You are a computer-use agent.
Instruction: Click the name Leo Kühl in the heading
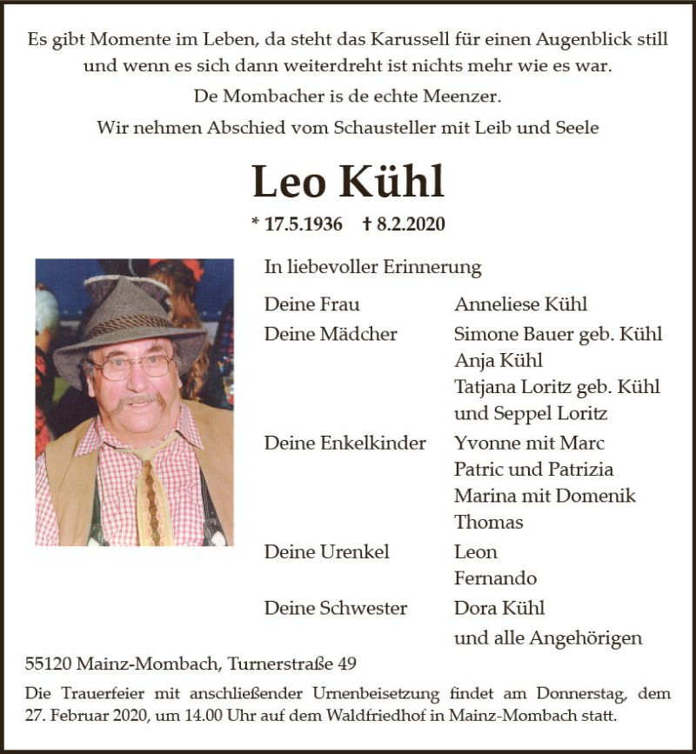(x=348, y=182)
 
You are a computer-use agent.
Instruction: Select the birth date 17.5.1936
(x=298, y=224)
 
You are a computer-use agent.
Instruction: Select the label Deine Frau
(x=311, y=304)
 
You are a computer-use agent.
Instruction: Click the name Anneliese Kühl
(x=520, y=304)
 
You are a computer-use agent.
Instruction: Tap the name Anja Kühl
(x=498, y=360)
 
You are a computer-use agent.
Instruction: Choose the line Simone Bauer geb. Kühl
(x=558, y=334)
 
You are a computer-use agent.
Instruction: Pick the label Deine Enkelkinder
(x=345, y=443)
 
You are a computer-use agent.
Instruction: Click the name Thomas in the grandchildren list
(x=488, y=522)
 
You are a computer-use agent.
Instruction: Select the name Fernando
(x=495, y=578)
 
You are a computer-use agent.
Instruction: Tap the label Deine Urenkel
(x=326, y=551)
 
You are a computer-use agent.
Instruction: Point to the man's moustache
(x=139, y=399)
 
